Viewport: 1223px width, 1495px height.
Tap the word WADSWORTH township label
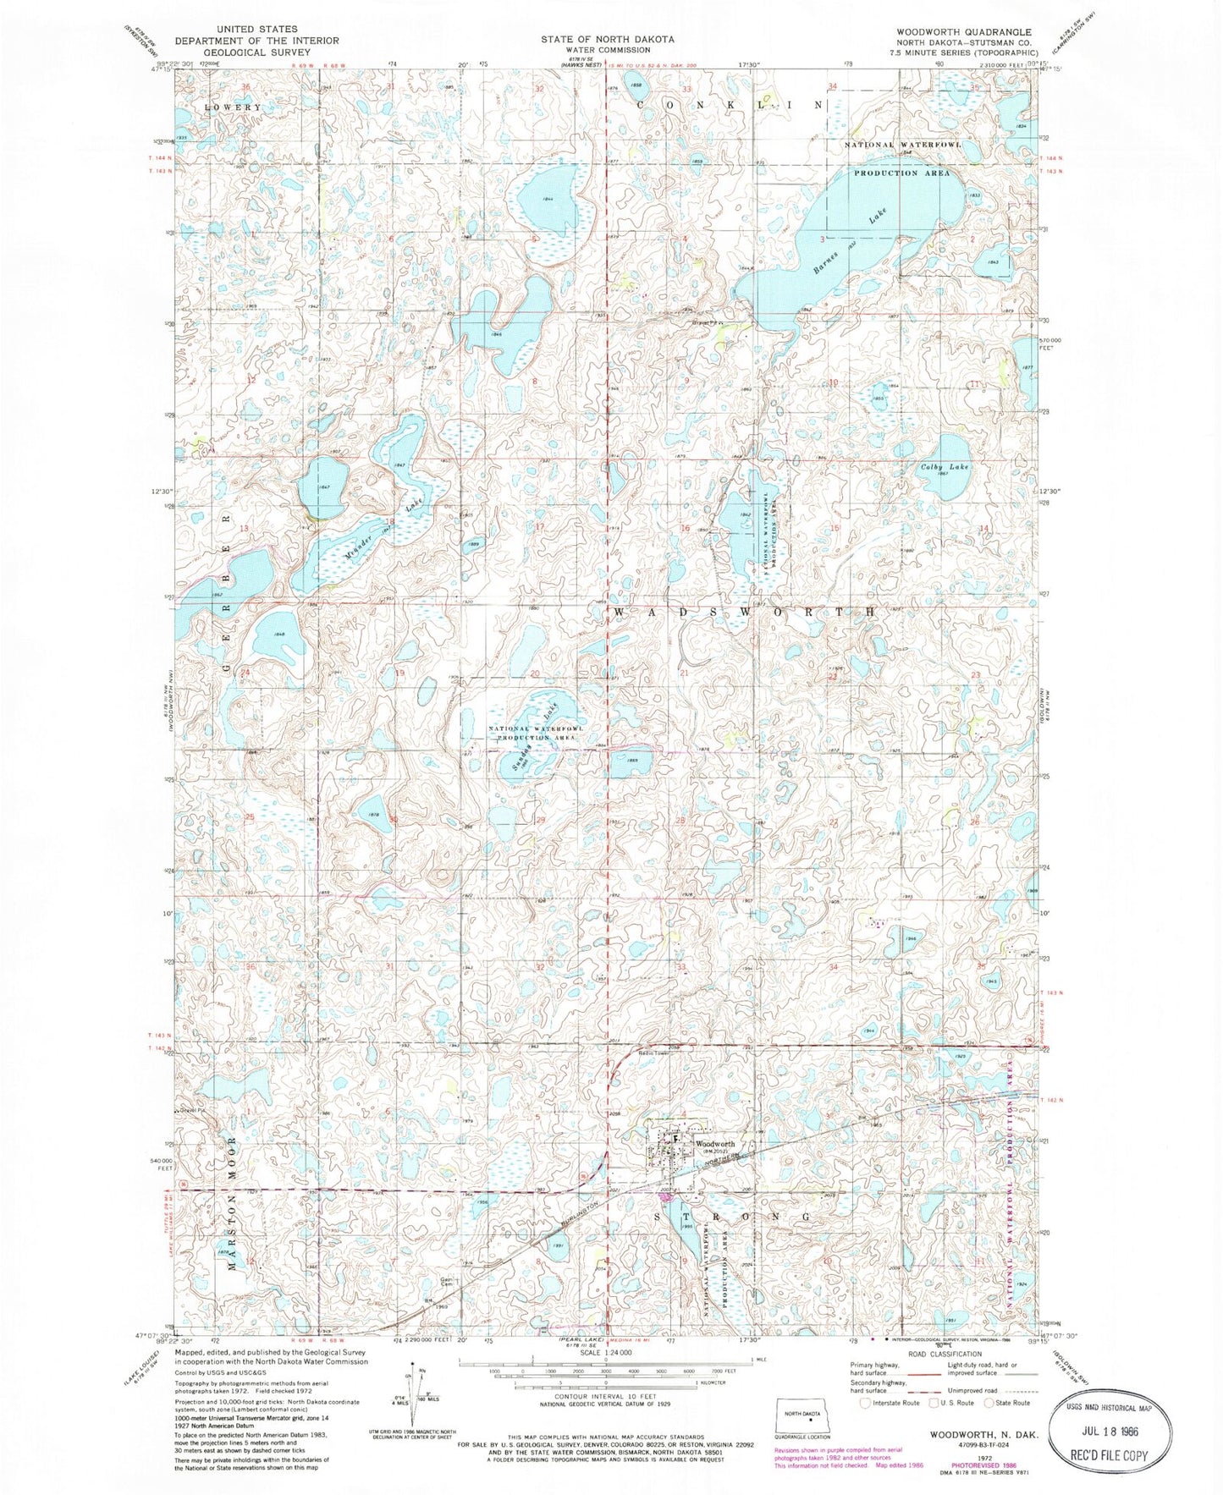pyautogui.click(x=744, y=611)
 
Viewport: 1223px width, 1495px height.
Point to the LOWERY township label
pyautogui.click(x=232, y=107)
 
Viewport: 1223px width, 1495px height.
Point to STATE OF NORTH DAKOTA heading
pyautogui.click(x=608, y=39)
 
